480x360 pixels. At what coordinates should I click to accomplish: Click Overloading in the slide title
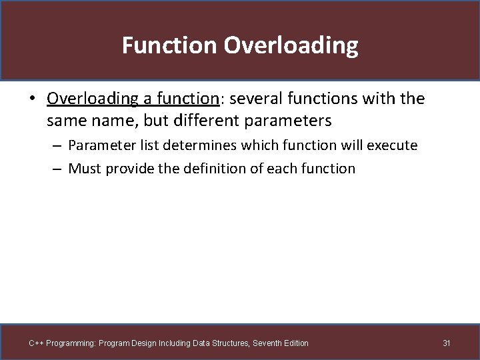[291, 45]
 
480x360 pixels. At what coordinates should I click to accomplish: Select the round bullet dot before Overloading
[32, 99]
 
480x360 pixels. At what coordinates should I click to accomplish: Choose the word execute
[393, 145]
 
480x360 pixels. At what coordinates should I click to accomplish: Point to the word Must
[84, 168]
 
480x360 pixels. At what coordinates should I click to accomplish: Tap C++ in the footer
[36, 343]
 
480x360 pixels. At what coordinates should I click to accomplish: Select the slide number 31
[447, 343]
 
